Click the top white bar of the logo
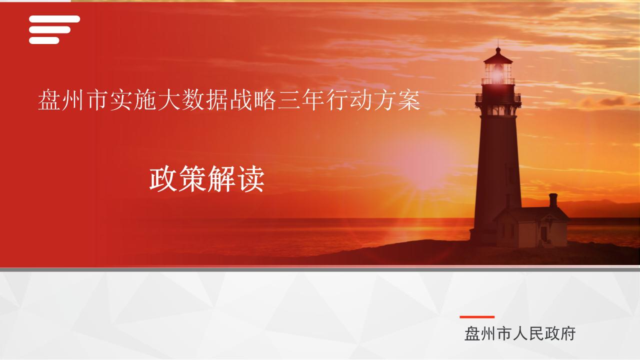tap(54, 19)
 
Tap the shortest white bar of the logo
tap(44, 40)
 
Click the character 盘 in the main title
tap(49, 100)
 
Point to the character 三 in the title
tap(288, 100)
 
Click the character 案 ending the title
tap(409, 100)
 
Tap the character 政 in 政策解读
tap(163, 179)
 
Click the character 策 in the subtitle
tap(192, 179)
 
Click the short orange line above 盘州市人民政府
tap(477, 317)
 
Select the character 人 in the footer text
tap(520, 333)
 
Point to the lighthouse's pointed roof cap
tap(498, 55)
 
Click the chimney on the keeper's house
tap(553, 200)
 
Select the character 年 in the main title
tap(312, 100)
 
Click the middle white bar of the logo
tap(49, 29)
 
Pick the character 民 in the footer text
tap(536, 333)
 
